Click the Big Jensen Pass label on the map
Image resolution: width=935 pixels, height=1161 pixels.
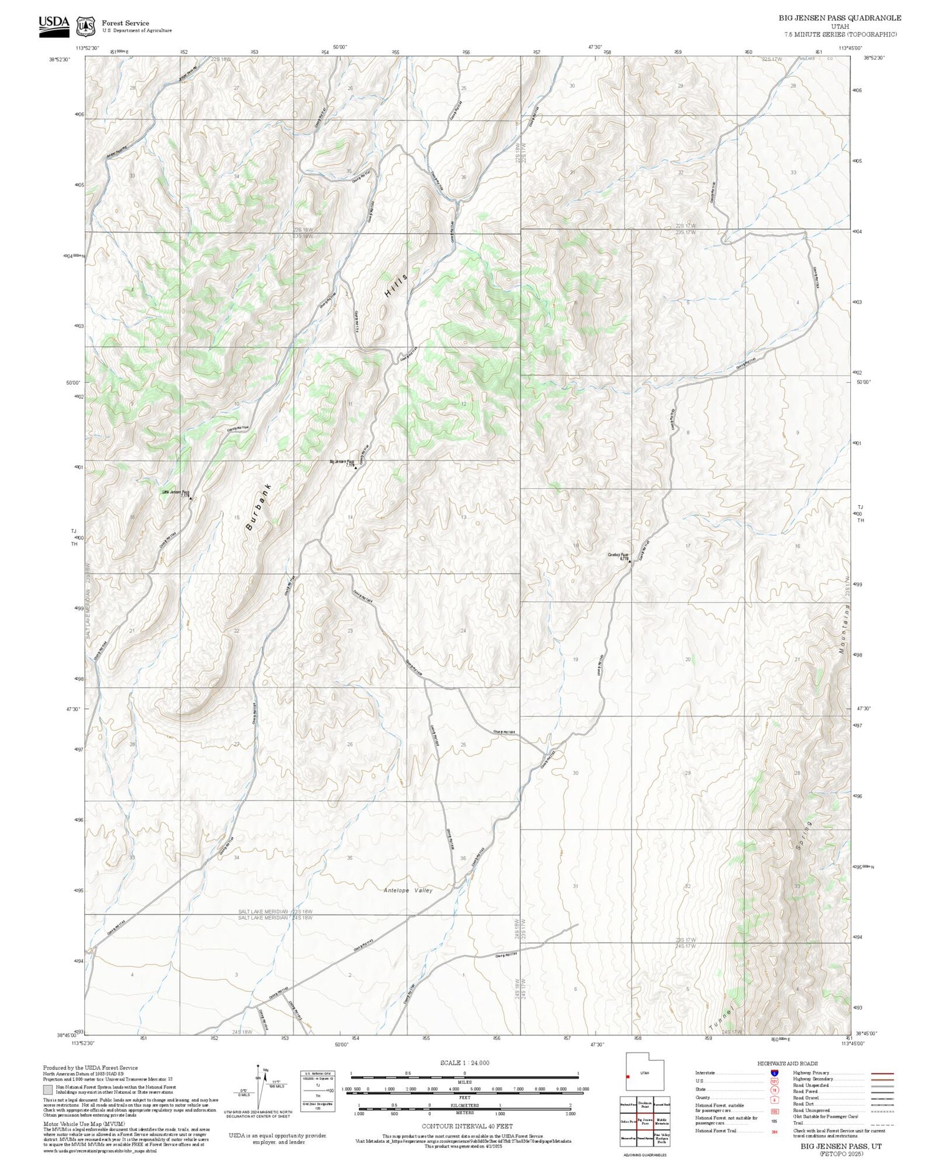[x=342, y=462]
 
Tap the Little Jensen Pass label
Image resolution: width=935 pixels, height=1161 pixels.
[x=176, y=493]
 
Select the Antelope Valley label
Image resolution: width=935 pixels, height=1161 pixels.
[x=408, y=890]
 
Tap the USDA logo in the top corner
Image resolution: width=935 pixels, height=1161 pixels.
[x=54, y=26]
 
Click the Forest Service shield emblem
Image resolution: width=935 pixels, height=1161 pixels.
[x=85, y=27]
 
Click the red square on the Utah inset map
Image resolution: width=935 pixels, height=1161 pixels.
[x=628, y=1076]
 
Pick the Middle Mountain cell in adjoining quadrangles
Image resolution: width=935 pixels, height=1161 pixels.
[x=661, y=1121]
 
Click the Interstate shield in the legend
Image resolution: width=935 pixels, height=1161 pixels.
[x=774, y=1073]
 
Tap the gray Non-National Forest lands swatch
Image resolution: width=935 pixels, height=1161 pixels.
[x=48, y=1090]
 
